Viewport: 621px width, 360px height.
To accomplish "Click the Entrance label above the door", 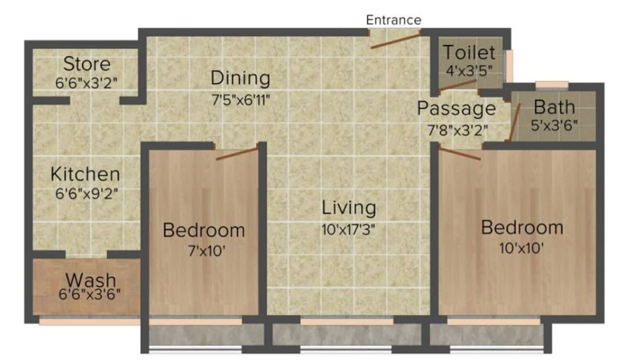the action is pyautogui.click(x=394, y=20).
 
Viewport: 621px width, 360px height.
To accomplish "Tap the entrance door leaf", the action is pyautogui.click(x=395, y=42).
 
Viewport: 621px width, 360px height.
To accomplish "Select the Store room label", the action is pyautogui.click(x=87, y=64).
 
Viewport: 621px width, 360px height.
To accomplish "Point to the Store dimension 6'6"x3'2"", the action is pyautogui.click(x=86, y=83).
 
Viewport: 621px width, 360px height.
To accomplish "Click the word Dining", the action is pyautogui.click(x=241, y=78).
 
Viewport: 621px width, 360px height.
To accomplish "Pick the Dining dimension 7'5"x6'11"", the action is pyautogui.click(x=241, y=100).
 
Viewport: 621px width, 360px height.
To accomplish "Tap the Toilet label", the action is pyautogui.click(x=469, y=52).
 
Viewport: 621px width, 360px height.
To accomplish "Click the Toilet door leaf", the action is pyautogui.click(x=457, y=86).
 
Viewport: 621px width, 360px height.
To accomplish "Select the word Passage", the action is pyautogui.click(x=456, y=108).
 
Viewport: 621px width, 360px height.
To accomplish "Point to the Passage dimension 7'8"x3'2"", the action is pyautogui.click(x=457, y=130).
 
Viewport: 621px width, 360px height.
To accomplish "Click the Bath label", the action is pyautogui.click(x=554, y=107).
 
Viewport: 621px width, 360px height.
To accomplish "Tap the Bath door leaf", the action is pyautogui.click(x=515, y=122).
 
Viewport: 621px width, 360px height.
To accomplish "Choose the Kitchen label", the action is pyautogui.click(x=85, y=175).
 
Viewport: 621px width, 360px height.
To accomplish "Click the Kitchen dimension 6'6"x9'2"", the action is pyautogui.click(x=87, y=194).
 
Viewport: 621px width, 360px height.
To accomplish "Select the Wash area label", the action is pyautogui.click(x=91, y=279).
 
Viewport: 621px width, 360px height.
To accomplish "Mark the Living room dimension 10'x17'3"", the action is pyautogui.click(x=348, y=229).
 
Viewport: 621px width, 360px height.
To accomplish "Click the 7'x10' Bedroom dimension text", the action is pyautogui.click(x=206, y=251).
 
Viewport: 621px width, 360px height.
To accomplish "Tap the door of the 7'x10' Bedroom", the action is pyautogui.click(x=237, y=154).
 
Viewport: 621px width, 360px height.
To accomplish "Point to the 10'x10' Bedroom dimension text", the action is pyautogui.click(x=521, y=248).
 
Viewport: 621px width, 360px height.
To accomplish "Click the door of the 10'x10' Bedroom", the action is pyautogui.click(x=460, y=154).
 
